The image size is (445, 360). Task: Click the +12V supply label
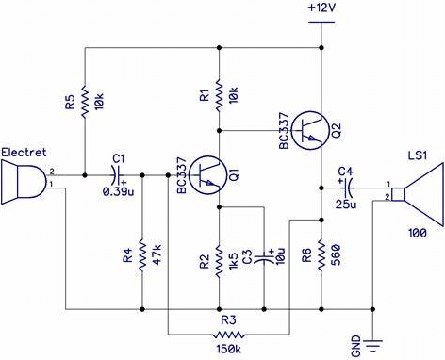tap(322, 8)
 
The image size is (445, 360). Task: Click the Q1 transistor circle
tap(208, 174)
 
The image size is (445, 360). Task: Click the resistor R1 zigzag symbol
tap(219, 95)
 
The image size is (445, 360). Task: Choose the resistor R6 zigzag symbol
tap(321, 254)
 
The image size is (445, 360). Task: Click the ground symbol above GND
tap(373, 340)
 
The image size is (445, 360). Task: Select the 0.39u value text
tap(119, 191)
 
